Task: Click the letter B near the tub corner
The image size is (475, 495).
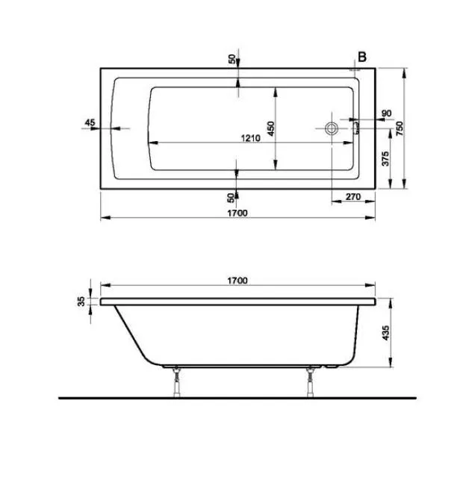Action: point(361,57)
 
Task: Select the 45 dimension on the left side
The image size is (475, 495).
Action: point(90,122)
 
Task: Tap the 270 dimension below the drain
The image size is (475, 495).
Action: point(354,197)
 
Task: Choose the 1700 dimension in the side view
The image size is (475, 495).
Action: point(237,281)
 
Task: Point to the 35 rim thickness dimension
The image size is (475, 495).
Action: point(81,302)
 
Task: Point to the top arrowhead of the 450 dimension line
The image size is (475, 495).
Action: point(276,90)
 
